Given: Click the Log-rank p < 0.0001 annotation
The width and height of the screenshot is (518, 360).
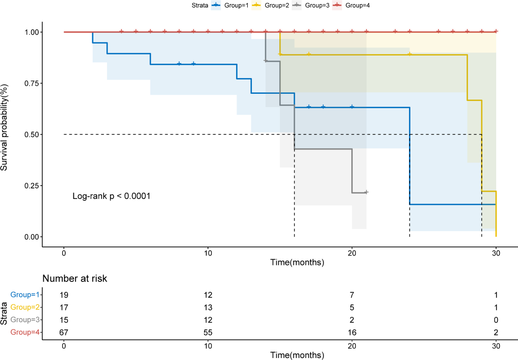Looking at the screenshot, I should coord(111,196).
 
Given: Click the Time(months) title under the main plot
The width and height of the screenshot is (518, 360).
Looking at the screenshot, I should coord(297,263).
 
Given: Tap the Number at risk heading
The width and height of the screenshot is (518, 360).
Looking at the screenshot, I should coord(74,279).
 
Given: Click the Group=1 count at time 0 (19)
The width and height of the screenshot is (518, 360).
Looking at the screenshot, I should coord(64,295).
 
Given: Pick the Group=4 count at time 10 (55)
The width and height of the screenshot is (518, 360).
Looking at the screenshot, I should coord(208,332).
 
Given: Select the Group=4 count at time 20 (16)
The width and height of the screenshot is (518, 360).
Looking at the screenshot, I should coord(352,332).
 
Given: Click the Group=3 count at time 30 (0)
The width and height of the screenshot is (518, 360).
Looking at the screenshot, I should coord(496,320).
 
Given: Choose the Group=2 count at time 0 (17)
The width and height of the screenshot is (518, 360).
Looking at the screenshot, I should coord(64,307).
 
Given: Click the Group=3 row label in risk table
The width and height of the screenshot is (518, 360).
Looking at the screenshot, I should coord(25,320).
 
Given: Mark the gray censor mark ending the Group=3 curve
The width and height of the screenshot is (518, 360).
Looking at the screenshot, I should coord(366,192).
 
